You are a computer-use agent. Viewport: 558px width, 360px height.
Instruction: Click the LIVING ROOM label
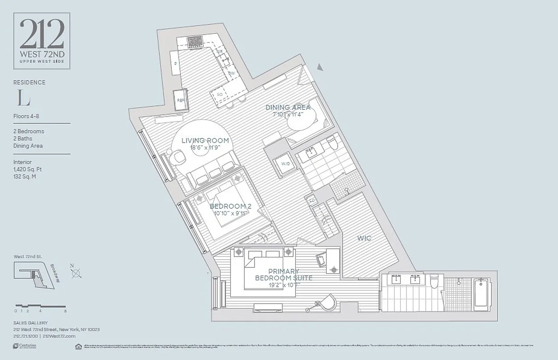tap(205, 140)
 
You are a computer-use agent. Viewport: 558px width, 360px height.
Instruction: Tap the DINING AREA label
tap(288, 107)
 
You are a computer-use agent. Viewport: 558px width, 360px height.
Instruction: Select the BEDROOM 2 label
tap(230, 206)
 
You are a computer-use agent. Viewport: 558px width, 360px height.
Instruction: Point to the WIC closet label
tap(364, 238)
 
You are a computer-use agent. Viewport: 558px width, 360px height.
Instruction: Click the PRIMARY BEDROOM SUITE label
tap(283, 274)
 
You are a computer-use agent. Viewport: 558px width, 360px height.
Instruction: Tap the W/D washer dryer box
tap(286, 164)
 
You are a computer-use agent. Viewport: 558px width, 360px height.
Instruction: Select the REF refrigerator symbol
tap(181, 100)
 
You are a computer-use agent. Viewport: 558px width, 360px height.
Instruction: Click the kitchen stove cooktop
tap(195, 41)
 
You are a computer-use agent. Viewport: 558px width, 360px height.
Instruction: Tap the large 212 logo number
tap(41, 35)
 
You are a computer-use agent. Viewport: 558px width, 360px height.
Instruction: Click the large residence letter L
tap(21, 97)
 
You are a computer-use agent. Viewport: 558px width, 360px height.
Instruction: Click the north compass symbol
tap(76, 273)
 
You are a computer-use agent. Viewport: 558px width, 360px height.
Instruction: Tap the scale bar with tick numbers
tap(40, 307)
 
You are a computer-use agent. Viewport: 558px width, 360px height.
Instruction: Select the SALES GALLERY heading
tap(31, 323)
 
